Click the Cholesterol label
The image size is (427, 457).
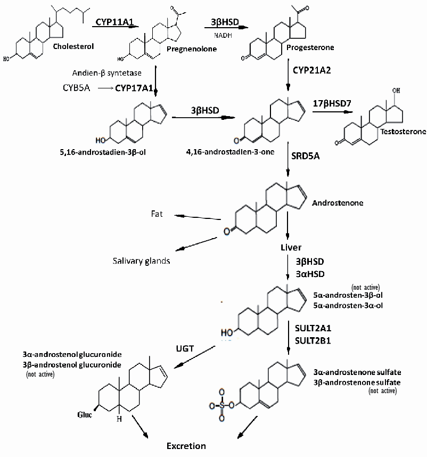[x=73, y=46]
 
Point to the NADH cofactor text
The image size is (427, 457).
[x=224, y=35]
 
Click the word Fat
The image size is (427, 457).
[x=156, y=214]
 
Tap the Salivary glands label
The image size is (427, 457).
[x=142, y=261]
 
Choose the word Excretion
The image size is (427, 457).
[x=186, y=445]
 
